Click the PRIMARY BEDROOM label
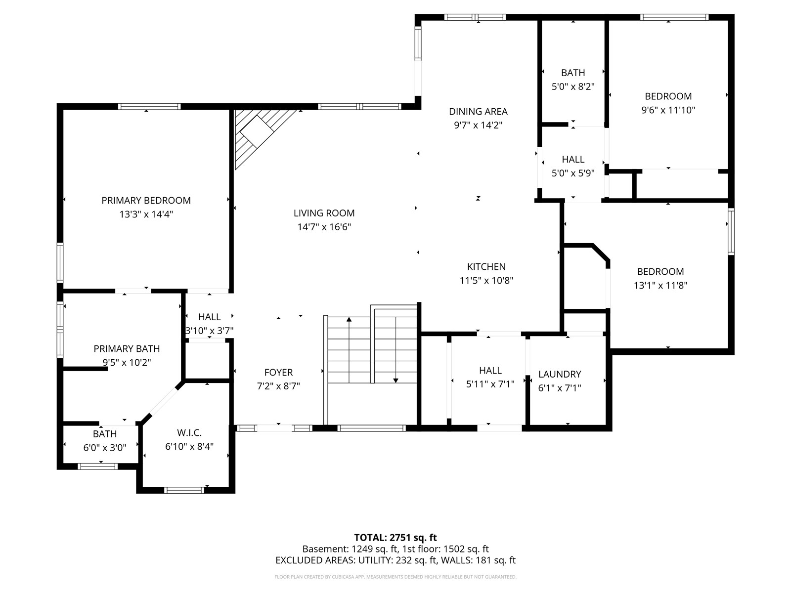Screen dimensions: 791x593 click(146, 200)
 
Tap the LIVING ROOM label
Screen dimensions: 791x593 click(324, 213)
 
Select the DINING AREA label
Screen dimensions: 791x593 click(478, 111)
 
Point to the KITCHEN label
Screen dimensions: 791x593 click(486, 266)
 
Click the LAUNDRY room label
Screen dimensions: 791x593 click(560, 374)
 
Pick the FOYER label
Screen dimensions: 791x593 click(278, 372)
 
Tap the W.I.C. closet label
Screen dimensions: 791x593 click(189, 432)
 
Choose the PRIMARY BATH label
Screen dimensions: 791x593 click(127, 348)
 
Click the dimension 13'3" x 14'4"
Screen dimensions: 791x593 click(146, 214)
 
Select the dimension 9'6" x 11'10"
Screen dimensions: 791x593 click(668, 110)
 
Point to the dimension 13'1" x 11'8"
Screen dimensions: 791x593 click(660, 285)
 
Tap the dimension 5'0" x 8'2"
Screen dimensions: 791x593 click(573, 86)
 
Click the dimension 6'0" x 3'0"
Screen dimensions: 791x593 click(105, 448)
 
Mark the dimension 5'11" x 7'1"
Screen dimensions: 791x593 click(490, 384)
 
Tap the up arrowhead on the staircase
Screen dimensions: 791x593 click(349, 319)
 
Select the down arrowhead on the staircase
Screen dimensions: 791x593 click(395, 381)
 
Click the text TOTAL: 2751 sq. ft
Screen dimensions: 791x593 click(395, 538)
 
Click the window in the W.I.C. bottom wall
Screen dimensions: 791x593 click(184, 490)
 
